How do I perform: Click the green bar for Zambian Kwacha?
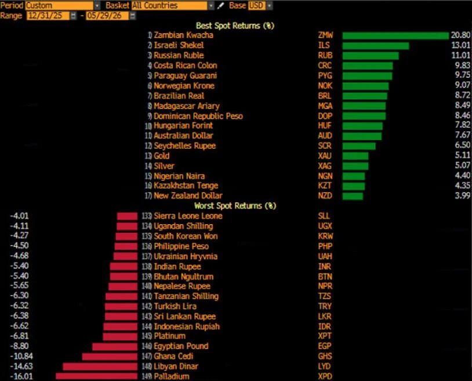pos(395,35)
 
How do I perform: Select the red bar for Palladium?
pos(96,376)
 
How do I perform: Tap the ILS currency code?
pos(324,45)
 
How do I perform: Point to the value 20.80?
pos(460,35)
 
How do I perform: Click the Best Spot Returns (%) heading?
pos(235,26)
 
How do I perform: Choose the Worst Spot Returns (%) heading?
pos(235,206)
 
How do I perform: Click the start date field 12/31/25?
pos(48,16)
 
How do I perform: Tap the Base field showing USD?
pos(256,5)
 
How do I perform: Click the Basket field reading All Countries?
pos(169,5)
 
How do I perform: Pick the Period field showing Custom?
pos(59,5)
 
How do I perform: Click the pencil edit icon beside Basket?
pos(221,5)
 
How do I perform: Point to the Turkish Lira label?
pos(175,306)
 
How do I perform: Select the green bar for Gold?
pos(355,156)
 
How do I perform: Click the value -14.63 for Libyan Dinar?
pos(21,366)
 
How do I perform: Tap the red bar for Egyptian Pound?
pos(115,346)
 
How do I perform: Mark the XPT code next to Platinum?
pos(325,336)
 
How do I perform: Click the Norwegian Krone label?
pos(184,86)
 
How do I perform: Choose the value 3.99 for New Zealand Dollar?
pos(462,195)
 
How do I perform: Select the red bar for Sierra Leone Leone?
pos(127,216)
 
